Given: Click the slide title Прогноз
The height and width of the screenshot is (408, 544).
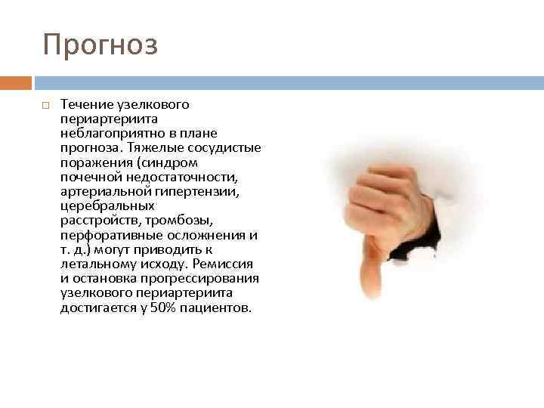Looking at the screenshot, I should click(100, 45).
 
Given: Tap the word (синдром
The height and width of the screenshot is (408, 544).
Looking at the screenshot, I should click(164, 162).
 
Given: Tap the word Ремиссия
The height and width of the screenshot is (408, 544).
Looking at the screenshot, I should click(224, 264).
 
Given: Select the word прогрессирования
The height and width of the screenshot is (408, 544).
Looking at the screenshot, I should click(205, 279).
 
